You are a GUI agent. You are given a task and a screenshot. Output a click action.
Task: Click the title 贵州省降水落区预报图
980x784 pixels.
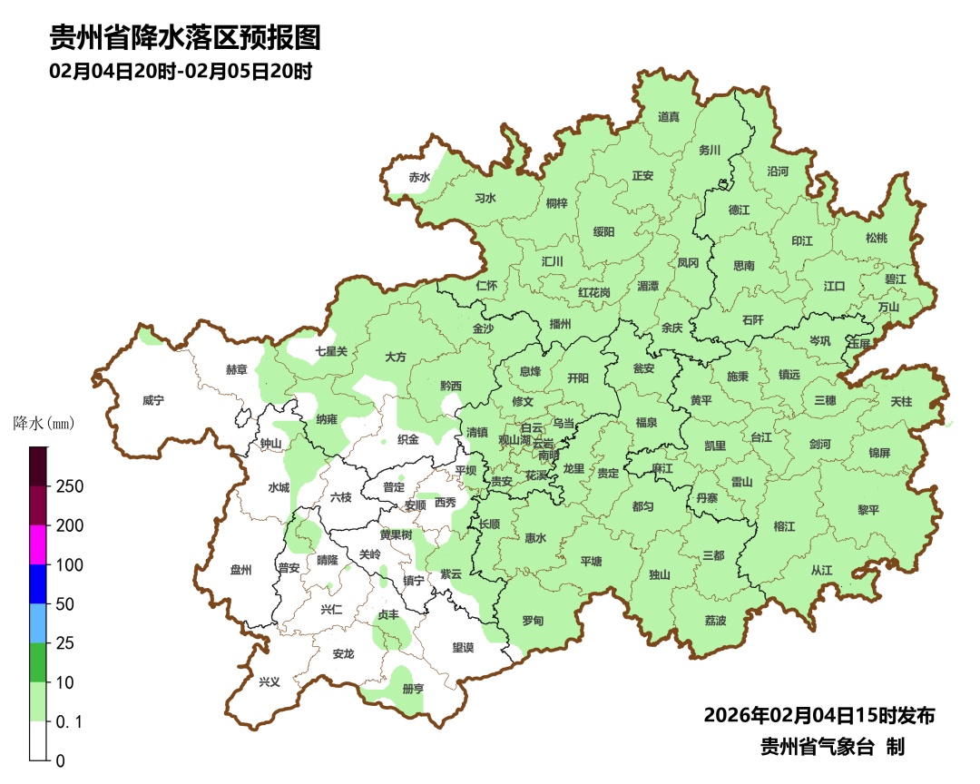(185, 38)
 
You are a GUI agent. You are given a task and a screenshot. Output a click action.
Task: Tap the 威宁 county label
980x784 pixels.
(154, 399)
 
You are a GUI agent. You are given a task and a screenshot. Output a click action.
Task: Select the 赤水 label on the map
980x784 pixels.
(419, 177)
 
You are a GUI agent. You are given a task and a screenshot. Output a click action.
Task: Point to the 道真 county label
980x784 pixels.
(669, 117)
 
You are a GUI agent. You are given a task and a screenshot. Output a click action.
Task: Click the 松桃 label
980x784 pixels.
(876, 238)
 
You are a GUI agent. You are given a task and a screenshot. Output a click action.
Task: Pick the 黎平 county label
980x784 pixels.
(868, 510)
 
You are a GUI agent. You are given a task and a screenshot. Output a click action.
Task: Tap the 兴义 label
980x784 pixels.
(270, 681)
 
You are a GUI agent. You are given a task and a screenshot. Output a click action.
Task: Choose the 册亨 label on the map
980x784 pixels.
(413, 689)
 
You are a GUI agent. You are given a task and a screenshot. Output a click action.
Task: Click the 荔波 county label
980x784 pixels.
(715, 621)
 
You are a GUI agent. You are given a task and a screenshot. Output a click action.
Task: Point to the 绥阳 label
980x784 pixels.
(603, 232)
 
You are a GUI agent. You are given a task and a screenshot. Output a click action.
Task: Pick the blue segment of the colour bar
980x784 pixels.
(38, 583)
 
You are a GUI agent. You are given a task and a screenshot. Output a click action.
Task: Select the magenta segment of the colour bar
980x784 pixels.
(38, 544)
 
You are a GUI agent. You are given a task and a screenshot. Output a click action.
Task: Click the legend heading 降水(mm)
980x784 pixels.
(43, 423)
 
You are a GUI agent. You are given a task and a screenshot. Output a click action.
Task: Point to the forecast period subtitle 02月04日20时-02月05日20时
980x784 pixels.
(181, 71)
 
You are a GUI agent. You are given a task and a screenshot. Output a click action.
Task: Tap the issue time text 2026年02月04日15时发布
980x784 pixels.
(818, 716)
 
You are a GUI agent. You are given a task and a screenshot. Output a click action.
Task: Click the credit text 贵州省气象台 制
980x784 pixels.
(832, 748)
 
